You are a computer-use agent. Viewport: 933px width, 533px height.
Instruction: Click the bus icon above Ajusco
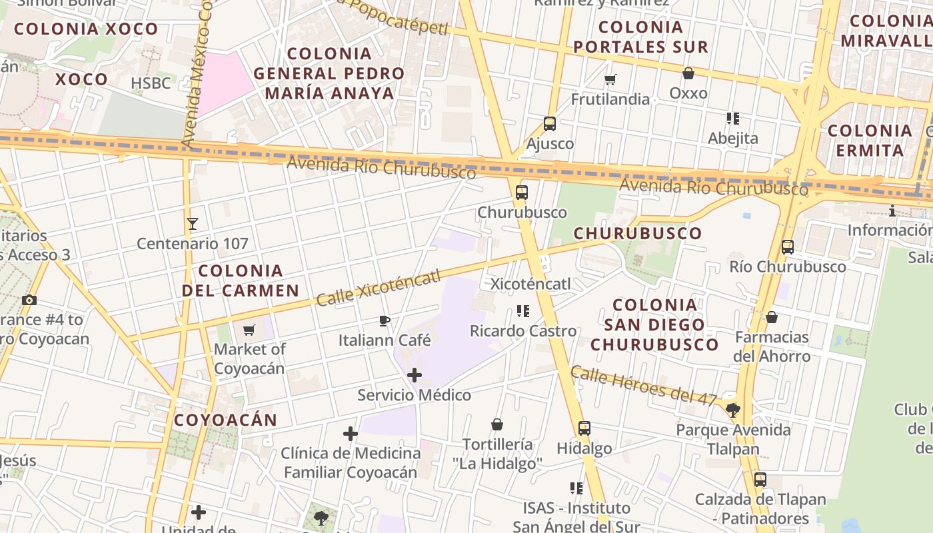coord(550,123)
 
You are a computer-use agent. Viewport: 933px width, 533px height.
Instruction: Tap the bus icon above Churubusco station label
coord(522,193)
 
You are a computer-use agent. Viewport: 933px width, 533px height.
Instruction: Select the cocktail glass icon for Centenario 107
coord(193,224)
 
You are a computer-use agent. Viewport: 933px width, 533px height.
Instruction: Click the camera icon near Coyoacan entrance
coord(29,300)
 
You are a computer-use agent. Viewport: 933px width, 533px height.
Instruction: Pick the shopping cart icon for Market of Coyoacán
coord(249,330)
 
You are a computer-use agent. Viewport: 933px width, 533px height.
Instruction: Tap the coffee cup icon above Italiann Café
coord(385,321)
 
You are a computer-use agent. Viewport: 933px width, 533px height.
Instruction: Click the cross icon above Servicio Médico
coord(415,375)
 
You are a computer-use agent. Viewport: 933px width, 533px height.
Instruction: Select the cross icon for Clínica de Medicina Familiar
coord(351,434)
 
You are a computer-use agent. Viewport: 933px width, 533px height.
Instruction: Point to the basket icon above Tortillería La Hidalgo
coord(497,424)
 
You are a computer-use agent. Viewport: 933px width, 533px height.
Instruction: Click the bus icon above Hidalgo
coord(584,428)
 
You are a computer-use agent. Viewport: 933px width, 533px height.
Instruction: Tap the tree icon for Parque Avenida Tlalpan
coord(733,410)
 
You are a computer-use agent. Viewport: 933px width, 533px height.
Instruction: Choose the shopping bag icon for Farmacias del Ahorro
coord(772,317)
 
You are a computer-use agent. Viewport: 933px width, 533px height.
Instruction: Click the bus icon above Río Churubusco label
coord(788,247)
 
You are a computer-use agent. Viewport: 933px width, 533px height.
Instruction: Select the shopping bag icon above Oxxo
coord(688,73)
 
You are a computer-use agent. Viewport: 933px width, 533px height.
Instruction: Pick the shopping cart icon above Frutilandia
coord(610,80)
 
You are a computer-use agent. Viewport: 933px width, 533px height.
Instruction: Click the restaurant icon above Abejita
coord(733,119)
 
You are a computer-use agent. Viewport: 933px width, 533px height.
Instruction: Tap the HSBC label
coord(151,83)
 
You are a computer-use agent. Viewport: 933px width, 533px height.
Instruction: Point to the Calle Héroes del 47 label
coord(644,386)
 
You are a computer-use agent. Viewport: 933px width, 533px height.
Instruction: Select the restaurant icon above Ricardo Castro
coord(523,311)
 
